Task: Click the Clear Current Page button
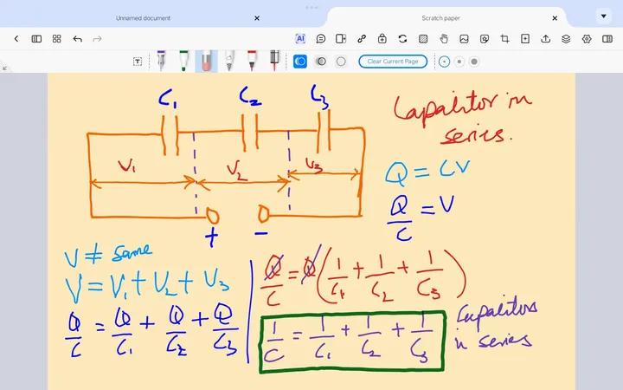click(x=393, y=62)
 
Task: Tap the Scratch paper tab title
click(x=440, y=17)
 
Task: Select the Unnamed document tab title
click(x=143, y=17)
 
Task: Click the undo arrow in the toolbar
click(x=77, y=39)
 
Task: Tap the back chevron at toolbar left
click(x=16, y=39)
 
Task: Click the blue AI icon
click(x=300, y=39)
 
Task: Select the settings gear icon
click(x=587, y=39)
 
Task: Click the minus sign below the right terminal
click(x=260, y=232)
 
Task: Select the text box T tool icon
click(x=138, y=62)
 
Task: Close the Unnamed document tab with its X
click(x=257, y=17)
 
